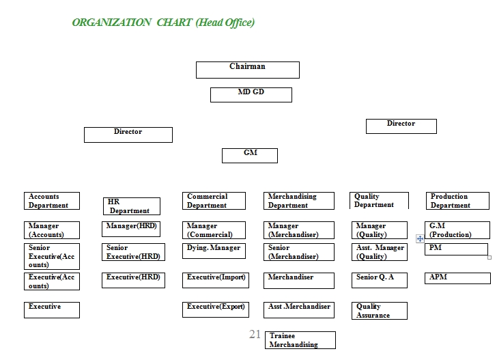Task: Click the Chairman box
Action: [248, 70]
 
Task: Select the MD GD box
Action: [251, 95]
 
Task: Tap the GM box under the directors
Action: [250, 156]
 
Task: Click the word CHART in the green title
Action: [174, 23]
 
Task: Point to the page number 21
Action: [255, 334]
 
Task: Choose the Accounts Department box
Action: [52, 201]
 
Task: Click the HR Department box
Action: [132, 206]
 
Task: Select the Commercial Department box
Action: [214, 201]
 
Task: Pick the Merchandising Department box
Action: [299, 201]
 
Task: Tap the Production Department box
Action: [457, 201]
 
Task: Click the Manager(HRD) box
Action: [131, 229]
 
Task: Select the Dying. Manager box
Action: [214, 251]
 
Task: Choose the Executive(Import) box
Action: [216, 280]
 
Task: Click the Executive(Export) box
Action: [216, 309]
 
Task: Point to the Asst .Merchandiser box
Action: [299, 310]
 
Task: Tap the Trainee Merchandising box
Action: [300, 340]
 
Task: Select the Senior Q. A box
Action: [380, 280]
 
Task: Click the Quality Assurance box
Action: [380, 311]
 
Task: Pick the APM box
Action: [457, 278]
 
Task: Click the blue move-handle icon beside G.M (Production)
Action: [420, 239]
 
